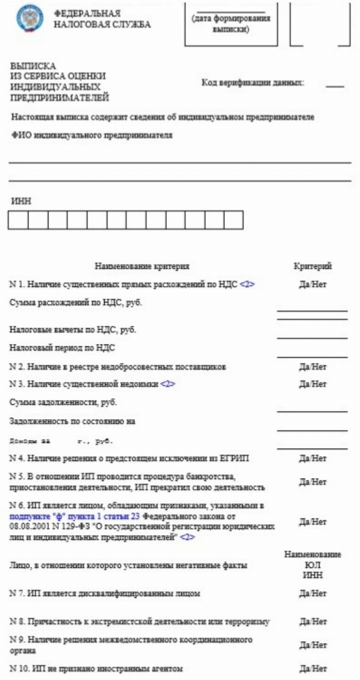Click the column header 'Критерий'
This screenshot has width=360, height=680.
(312, 266)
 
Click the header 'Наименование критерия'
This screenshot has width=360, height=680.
(142, 266)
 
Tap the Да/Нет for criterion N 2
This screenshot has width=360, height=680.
(312, 367)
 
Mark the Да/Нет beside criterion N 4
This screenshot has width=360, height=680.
(312, 458)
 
